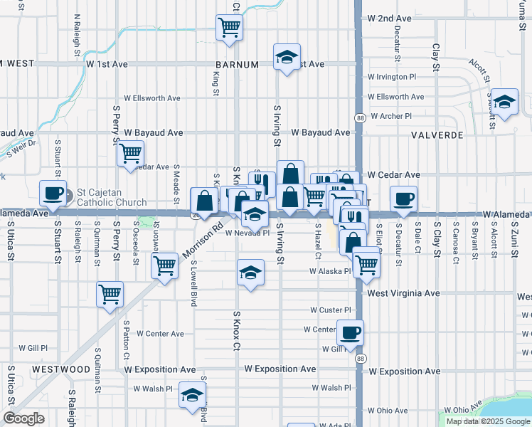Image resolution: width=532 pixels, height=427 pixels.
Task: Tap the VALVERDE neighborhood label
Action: point(437,134)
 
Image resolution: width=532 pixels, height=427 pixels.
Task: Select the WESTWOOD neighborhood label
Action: point(60,369)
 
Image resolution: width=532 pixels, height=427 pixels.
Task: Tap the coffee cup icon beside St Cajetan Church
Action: point(53,192)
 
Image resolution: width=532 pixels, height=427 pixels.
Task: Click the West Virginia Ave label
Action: point(404,293)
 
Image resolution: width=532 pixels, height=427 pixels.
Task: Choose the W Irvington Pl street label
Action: point(391,77)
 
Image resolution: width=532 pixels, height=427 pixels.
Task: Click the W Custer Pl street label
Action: point(331,310)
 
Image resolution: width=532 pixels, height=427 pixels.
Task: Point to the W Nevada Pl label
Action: point(247,233)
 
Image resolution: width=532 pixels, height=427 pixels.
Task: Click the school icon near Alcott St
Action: point(505,101)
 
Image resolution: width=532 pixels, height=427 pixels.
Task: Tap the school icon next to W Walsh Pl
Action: point(192,394)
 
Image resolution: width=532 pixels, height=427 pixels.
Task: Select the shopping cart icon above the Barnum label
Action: point(229,28)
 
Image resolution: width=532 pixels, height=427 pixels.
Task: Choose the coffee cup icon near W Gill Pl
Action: point(349,332)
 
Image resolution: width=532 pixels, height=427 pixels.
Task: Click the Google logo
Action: point(23,418)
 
